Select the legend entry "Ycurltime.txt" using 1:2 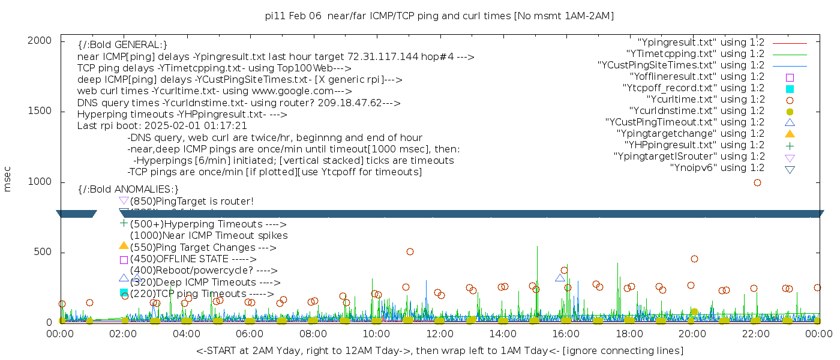(x=705, y=100)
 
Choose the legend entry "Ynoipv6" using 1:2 (x=717, y=168)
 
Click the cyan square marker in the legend (x=790, y=89)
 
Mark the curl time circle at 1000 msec (x=757, y=182)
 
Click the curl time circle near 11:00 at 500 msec (x=410, y=252)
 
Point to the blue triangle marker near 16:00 (x=560, y=278)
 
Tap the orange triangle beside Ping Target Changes (x=124, y=245)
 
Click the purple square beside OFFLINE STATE (x=124, y=260)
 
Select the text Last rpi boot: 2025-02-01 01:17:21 (x=162, y=126)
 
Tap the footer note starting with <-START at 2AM (x=439, y=350)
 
